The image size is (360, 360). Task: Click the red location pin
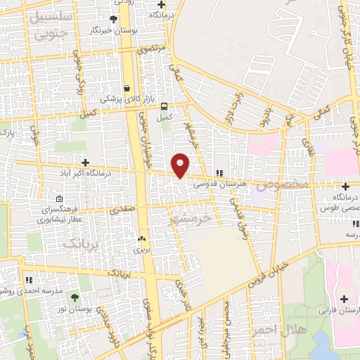coord(181,164)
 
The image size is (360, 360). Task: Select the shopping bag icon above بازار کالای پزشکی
coord(126,89)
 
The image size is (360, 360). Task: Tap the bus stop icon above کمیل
coord(165,107)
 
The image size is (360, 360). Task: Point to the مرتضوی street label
coord(153,49)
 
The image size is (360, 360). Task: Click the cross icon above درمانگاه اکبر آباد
coord(86,162)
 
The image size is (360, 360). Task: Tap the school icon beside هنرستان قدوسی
coord(219,172)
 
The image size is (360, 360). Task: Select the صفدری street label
coord(120,210)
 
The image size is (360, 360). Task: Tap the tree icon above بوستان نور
coord(75,298)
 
